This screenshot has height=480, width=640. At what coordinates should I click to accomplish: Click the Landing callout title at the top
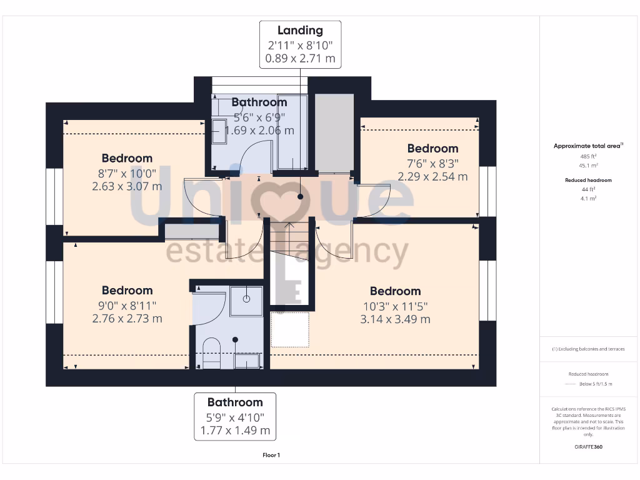(300, 30)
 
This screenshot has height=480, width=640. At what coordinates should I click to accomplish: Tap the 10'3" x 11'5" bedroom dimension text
(395, 306)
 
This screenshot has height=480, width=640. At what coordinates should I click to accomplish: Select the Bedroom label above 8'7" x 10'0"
(127, 158)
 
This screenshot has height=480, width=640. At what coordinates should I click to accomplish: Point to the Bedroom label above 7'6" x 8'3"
(432, 148)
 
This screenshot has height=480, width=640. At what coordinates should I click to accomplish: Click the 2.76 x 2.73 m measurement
(127, 318)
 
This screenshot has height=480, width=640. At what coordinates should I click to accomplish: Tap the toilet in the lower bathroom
(212, 356)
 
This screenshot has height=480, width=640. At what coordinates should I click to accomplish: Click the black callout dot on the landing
(300, 196)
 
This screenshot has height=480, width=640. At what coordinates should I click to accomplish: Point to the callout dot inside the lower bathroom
(236, 339)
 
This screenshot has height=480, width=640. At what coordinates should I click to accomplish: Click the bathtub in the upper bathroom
(292, 132)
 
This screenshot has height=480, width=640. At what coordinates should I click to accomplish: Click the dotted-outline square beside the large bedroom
(289, 329)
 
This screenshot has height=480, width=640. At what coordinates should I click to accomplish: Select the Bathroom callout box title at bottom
(235, 402)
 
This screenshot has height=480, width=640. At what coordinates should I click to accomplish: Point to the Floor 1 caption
(271, 455)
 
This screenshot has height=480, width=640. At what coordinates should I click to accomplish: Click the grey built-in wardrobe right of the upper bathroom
(334, 132)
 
